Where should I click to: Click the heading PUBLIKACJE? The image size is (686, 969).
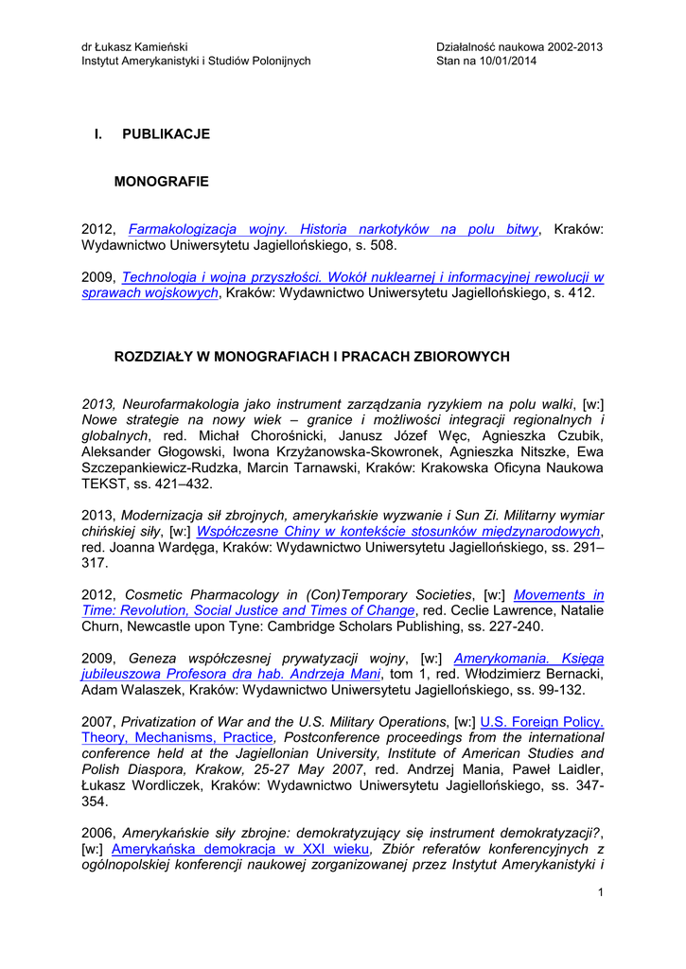coord(166,133)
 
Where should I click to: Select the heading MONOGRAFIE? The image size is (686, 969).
coord(161,181)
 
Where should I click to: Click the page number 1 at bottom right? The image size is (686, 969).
coord(601,893)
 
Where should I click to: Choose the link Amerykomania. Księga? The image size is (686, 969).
coord(529,658)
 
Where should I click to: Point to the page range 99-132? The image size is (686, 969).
coord(567,690)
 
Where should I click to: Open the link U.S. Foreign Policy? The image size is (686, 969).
coord(542,721)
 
